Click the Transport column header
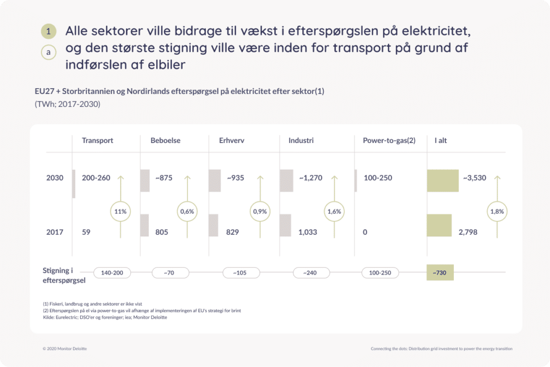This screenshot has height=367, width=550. [98, 140]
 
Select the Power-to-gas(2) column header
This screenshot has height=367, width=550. [389, 140]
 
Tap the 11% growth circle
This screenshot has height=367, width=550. [120, 212]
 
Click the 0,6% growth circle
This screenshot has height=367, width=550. [187, 212]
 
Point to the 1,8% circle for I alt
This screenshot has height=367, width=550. [497, 212]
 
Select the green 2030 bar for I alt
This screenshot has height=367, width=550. [443, 181]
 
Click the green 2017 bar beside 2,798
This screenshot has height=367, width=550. [439, 225]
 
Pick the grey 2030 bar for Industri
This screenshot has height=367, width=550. [286, 181]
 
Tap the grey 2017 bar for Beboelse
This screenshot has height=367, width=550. [144, 225]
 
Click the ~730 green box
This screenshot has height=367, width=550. [440, 272]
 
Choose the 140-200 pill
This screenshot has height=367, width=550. [112, 272]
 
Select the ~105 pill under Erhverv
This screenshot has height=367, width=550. [241, 272]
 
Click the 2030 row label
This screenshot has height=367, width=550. [55, 177]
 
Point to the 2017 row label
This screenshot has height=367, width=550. [55, 232]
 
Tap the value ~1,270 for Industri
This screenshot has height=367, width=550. [311, 178]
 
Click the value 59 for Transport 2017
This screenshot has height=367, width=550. [86, 232]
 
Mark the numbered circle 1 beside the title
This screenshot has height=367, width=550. [48, 31]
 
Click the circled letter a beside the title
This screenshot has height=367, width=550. [48, 52]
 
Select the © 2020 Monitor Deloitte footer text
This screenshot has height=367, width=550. [64, 349]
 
